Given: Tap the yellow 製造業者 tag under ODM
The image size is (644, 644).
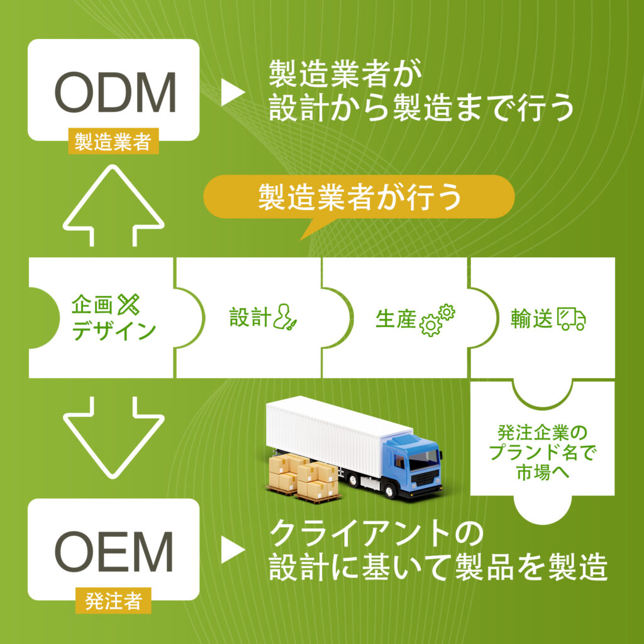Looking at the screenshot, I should coord(113,143).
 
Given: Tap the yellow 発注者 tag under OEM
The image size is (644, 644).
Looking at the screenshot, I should coord(113,602).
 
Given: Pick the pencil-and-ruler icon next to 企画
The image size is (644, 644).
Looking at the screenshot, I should coord(130,306).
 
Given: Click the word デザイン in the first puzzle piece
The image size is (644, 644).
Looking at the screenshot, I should coord(114,330).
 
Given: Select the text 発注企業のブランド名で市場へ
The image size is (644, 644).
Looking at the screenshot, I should coord(542,452).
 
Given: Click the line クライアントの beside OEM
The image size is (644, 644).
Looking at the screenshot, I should coord(375,535).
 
